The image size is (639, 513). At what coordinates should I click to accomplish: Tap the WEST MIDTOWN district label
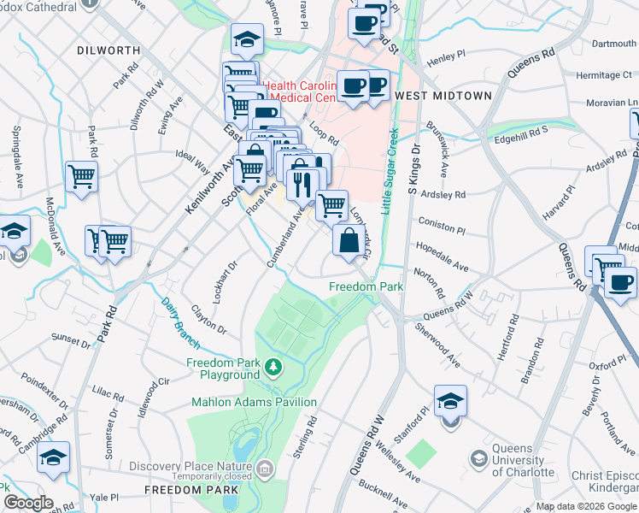coord(443,96)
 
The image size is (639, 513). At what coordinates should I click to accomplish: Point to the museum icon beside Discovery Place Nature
coord(265,468)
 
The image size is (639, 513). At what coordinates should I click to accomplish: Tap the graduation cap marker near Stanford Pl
coord(450,401)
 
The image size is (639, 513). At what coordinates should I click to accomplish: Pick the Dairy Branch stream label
coord(181,322)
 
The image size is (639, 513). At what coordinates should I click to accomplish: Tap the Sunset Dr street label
coord(70,339)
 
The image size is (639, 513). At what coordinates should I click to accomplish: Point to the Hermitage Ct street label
coord(603,75)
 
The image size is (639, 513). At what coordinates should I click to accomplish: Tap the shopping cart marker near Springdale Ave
coord(81,177)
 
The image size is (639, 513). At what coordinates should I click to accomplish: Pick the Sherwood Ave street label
coord(437,345)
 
